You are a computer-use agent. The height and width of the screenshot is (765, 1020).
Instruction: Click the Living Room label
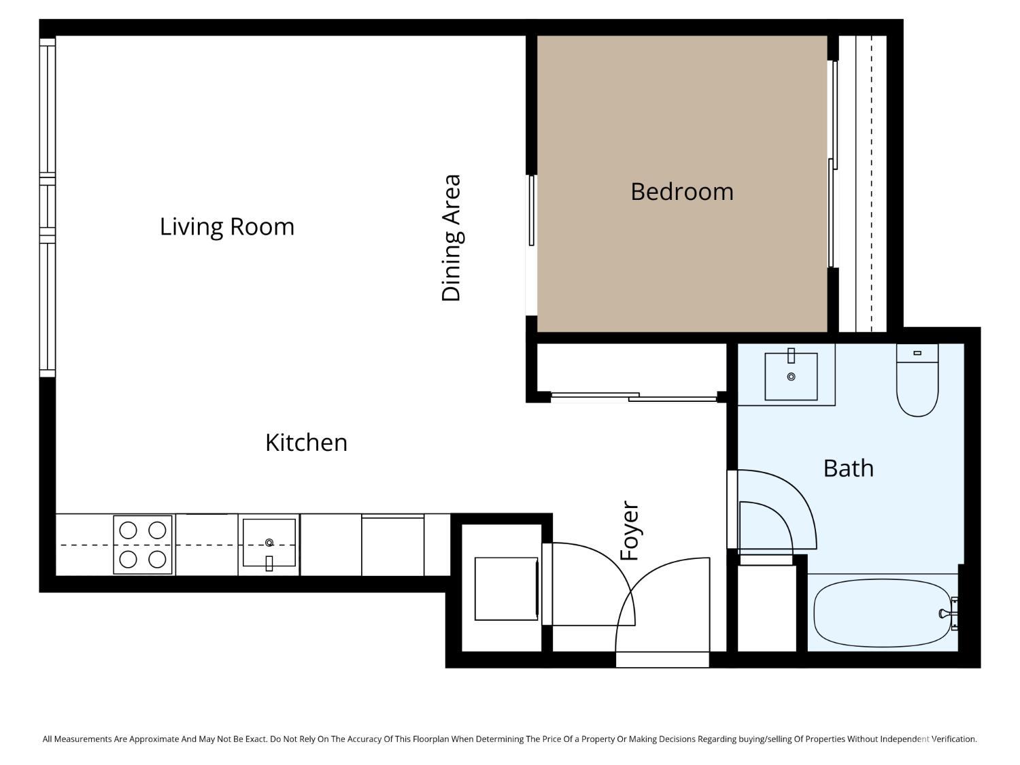pos(227,226)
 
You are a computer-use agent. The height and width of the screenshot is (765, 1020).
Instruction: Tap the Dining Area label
pos(452,238)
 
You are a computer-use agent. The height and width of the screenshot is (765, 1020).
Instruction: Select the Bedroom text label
pos(682,192)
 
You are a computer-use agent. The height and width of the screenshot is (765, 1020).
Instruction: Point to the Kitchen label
pos(306,443)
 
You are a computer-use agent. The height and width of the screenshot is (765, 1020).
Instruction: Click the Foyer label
pos(630,531)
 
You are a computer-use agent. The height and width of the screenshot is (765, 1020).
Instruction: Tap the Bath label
pos(848,469)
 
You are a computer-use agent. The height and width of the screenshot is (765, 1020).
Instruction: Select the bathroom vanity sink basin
pos(791,377)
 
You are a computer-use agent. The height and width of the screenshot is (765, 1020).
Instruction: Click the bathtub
pos(881,613)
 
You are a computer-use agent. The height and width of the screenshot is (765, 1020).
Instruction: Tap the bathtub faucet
pos(947,613)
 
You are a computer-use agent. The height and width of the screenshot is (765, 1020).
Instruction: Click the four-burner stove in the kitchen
pos(143,545)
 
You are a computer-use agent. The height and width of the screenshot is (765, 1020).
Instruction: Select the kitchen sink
pos(269,543)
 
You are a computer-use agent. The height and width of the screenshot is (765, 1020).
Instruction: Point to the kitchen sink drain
pos(269,542)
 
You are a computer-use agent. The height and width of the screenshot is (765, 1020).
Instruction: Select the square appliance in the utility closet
pos(506,588)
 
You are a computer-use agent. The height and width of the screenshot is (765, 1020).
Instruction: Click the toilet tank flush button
pos(917,353)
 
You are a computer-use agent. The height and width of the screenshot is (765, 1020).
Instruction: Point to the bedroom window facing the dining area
pos(532,210)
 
